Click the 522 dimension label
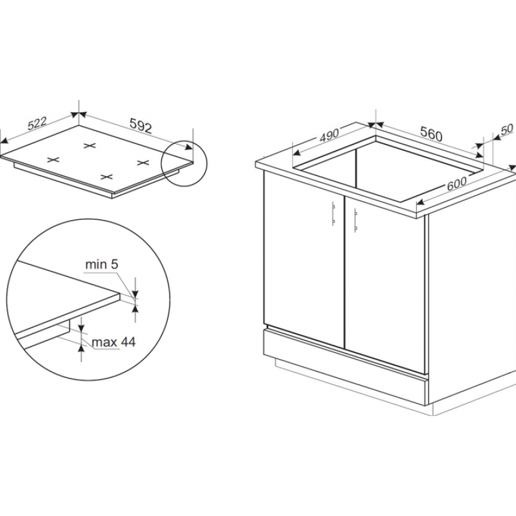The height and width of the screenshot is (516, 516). click(37, 123)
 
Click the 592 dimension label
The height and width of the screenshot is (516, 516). click(141, 125)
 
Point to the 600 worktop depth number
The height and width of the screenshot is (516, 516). click(457, 184)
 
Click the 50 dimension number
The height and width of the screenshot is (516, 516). click(506, 130)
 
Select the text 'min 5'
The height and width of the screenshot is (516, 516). click(101, 264)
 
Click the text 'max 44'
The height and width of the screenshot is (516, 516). click(114, 342)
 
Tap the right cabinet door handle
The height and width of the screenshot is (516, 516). click(356, 220)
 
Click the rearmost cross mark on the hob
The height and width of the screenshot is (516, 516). click(90, 146)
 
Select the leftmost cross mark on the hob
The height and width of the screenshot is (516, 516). click(54, 160)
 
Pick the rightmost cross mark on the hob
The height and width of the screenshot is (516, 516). click(143, 163)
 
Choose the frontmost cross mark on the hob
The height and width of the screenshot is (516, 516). click(106, 177)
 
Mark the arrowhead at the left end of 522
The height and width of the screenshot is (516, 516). click(4, 141)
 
